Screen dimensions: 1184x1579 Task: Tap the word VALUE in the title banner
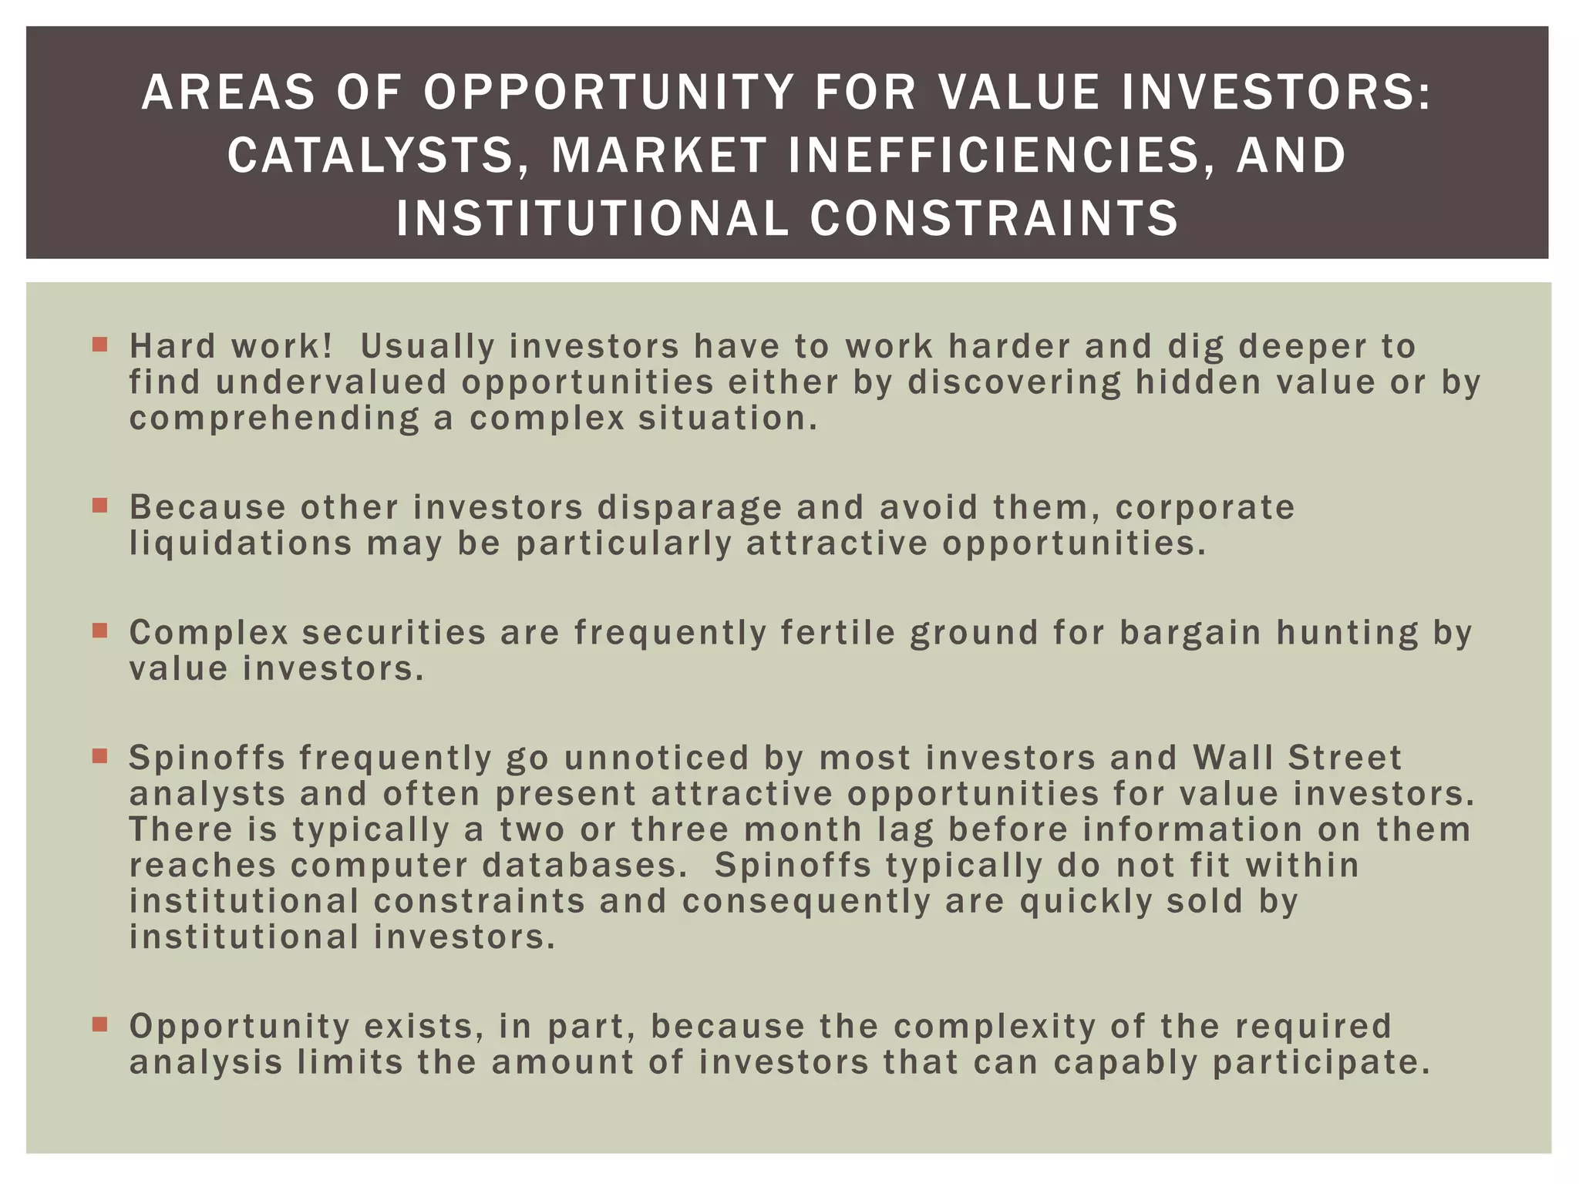pyautogui.click(x=1018, y=92)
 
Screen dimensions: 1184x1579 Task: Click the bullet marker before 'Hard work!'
pyautogui.click(x=99, y=344)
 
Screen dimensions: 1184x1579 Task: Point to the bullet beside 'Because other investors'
pyautogui.click(x=99, y=506)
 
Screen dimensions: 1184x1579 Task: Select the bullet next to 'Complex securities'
pyautogui.click(x=99, y=631)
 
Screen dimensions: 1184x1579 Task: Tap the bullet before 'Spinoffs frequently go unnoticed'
pyautogui.click(x=99, y=756)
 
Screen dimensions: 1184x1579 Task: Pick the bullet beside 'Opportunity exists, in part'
pyautogui.click(x=99, y=1024)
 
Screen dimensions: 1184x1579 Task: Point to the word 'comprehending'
pyautogui.click(x=274, y=419)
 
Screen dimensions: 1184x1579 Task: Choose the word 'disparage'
pyautogui.click(x=689, y=507)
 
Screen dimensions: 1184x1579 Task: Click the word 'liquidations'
pyautogui.click(x=241, y=543)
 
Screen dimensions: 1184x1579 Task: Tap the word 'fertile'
pyautogui.click(x=838, y=632)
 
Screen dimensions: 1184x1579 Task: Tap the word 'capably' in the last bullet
pyautogui.click(x=1126, y=1062)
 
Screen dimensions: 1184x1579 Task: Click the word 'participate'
pyautogui.click(x=1321, y=1062)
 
